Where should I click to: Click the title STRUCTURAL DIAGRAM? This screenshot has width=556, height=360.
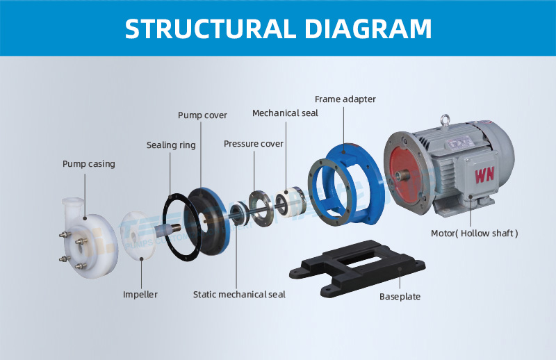[278, 28]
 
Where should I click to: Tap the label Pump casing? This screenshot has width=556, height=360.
[88, 164]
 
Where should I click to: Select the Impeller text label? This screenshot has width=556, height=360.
[140, 295]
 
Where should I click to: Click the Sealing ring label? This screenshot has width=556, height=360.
[171, 145]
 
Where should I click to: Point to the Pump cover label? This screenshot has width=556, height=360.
[202, 115]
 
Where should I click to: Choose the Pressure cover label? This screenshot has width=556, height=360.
[254, 144]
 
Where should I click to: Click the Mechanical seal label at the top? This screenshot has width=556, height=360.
[285, 113]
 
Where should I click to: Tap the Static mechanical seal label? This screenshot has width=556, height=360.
[239, 295]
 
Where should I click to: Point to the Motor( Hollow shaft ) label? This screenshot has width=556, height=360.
[475, 234]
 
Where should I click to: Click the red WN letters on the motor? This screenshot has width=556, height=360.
[484, 174]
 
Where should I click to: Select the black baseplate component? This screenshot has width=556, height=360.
[361, 267]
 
